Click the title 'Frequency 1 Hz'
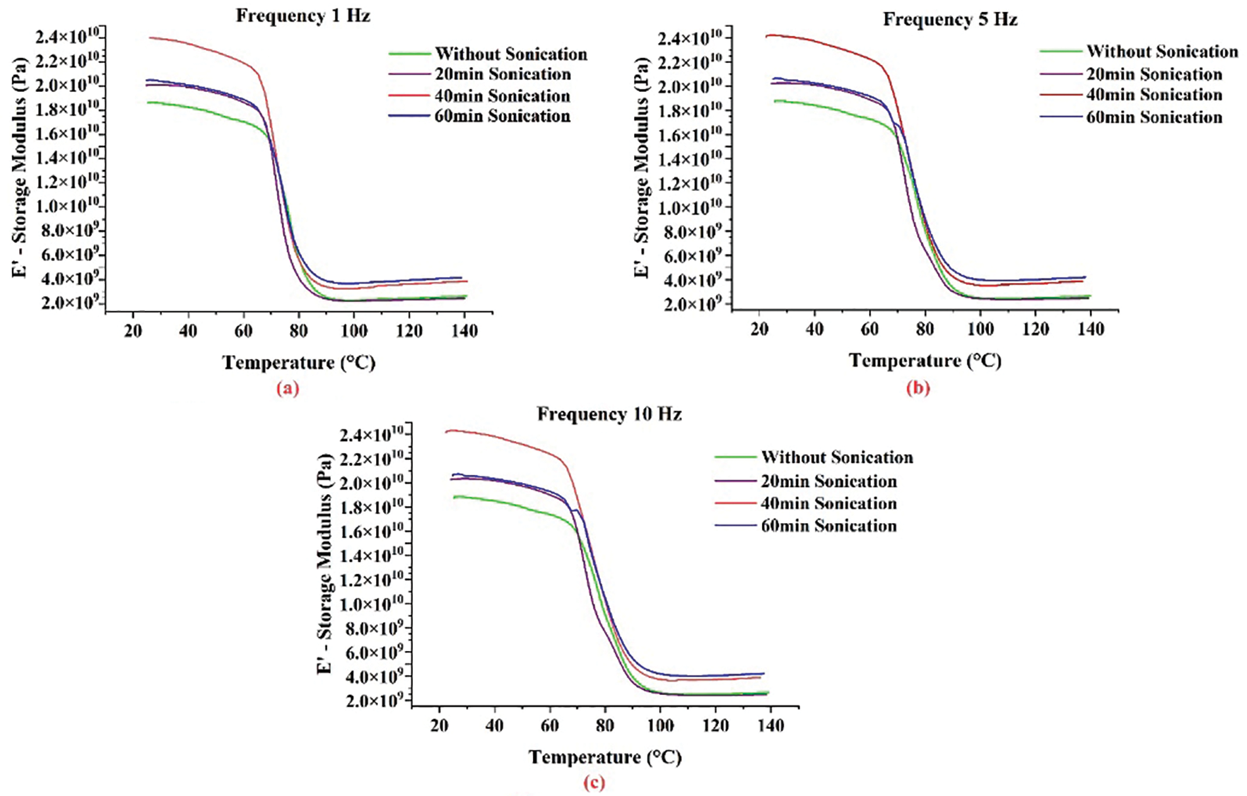(303, 15)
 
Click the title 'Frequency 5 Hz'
(950, 19)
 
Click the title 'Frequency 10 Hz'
(609, 414)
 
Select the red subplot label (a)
(287, 388)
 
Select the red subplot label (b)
(918, 388)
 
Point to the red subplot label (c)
(594, 782)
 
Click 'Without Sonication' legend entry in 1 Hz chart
(511, 54)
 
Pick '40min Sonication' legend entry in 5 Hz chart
(1154, 95)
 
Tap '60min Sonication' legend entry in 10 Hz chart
(828, 526)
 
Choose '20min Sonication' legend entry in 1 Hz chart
(502, 74)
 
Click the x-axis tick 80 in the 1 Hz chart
(299, 331)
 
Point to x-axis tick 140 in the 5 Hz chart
(1091, 329)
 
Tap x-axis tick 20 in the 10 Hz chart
(439, 726)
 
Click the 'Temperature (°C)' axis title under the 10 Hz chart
(605, 757)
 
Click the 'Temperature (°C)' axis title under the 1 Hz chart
(299, 362)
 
